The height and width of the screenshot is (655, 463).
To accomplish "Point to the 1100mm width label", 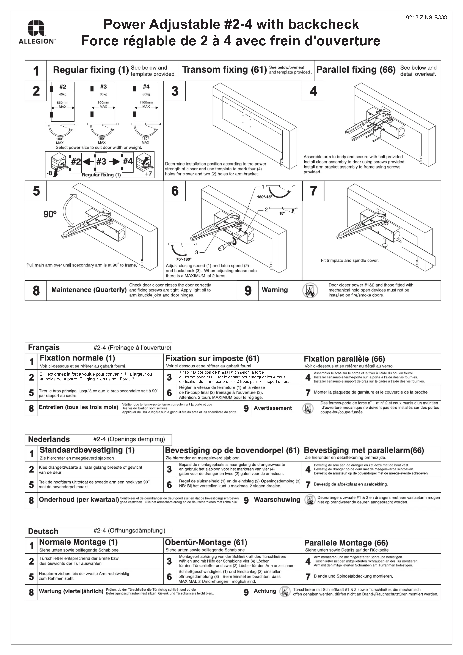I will pyautogui.click(x=146, y=102).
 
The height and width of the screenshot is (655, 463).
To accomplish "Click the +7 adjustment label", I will pyautogui.click(x=148, y=173).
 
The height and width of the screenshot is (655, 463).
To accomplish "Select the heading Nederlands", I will pyautogui.click(x=49, y=439).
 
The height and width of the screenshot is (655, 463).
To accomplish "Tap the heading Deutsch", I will pyautogui.click(x=43, y=531).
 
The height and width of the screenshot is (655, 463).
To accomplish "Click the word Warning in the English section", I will pyautogui.click(x=274, y=290).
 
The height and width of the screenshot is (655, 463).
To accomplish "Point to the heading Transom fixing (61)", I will pyautogui.click(x=224, y=70).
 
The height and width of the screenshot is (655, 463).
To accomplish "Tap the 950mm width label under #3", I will pyautogui.click(x=103, y=102).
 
